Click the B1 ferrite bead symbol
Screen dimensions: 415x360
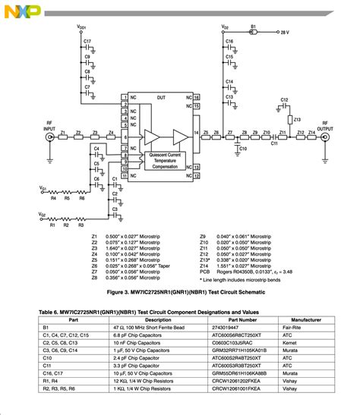(x=255, y=33)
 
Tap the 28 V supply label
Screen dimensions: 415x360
(x=283, y=33)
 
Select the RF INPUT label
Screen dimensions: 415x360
(x=50, y=128)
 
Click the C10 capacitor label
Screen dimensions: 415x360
(x=243, y=149)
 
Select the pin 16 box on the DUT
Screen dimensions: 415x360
(x=196, y=98)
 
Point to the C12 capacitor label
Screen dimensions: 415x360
(x=284, y=100)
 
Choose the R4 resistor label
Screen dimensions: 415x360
(x=54, y=198)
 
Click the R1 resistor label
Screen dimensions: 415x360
(x=52, y=225)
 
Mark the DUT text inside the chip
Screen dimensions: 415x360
(x=160, y=98)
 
